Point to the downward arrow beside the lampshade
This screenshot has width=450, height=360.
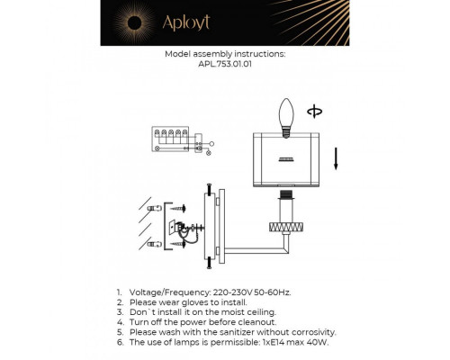coord(336,160)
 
